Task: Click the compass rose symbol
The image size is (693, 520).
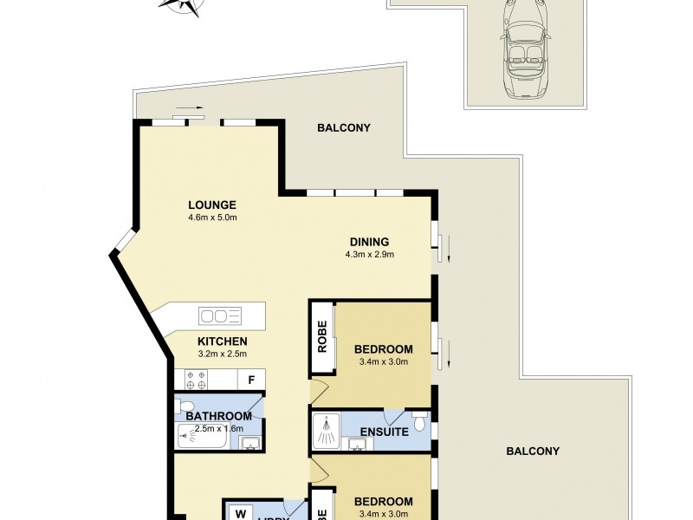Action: coord(180,6)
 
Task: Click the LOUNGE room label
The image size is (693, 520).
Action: coord(212,205)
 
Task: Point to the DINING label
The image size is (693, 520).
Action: coord(369,242)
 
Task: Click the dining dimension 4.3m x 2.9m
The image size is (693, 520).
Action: coord(369,255)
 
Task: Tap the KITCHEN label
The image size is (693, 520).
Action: coord(223,341)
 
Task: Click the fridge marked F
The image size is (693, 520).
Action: coord(251,380)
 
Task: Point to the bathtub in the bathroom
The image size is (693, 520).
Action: coord(201,440)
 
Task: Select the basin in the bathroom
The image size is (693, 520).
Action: coord(249,443)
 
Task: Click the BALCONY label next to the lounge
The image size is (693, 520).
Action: coord(343,127)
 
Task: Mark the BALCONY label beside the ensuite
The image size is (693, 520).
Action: coord(533,451)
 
